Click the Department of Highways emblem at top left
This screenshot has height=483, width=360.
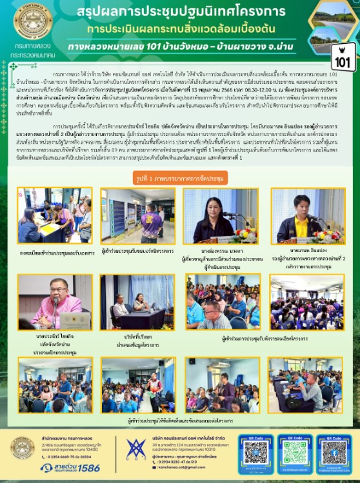33,21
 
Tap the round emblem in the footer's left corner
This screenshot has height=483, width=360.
23,448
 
